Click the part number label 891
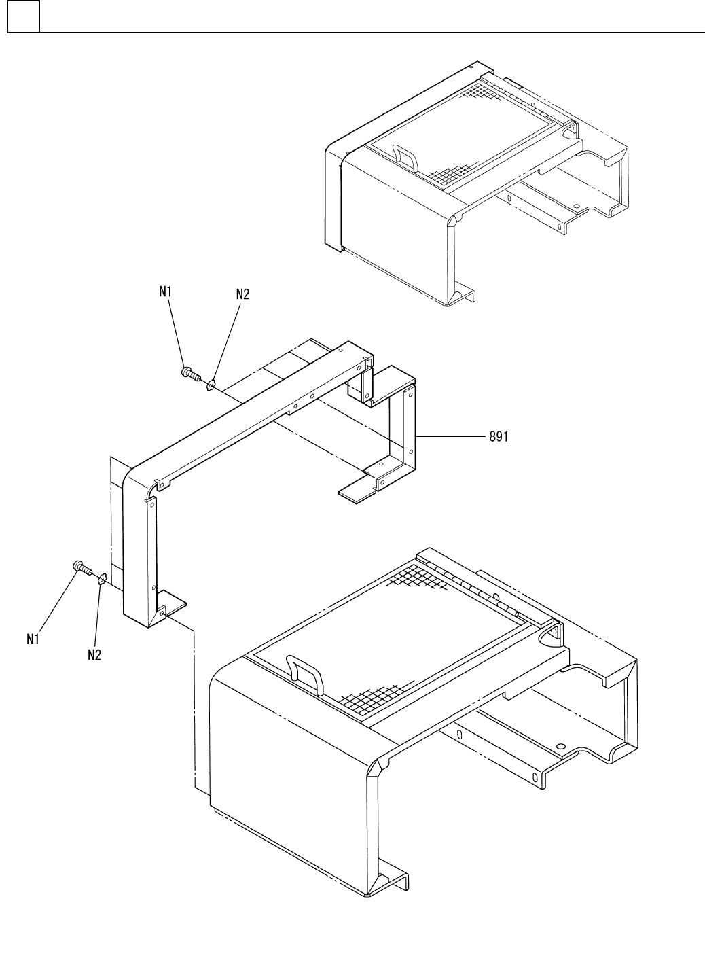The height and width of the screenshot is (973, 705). coord(499,438)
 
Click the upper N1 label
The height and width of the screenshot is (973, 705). coord(166,291)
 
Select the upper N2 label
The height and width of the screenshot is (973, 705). coord(242,294)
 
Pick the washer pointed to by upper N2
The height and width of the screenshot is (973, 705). coord(212,386)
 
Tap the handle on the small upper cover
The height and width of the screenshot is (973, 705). coord(407,156)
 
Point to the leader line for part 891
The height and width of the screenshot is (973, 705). coord(451,438)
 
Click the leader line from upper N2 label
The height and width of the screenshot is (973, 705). coord(228,340)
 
